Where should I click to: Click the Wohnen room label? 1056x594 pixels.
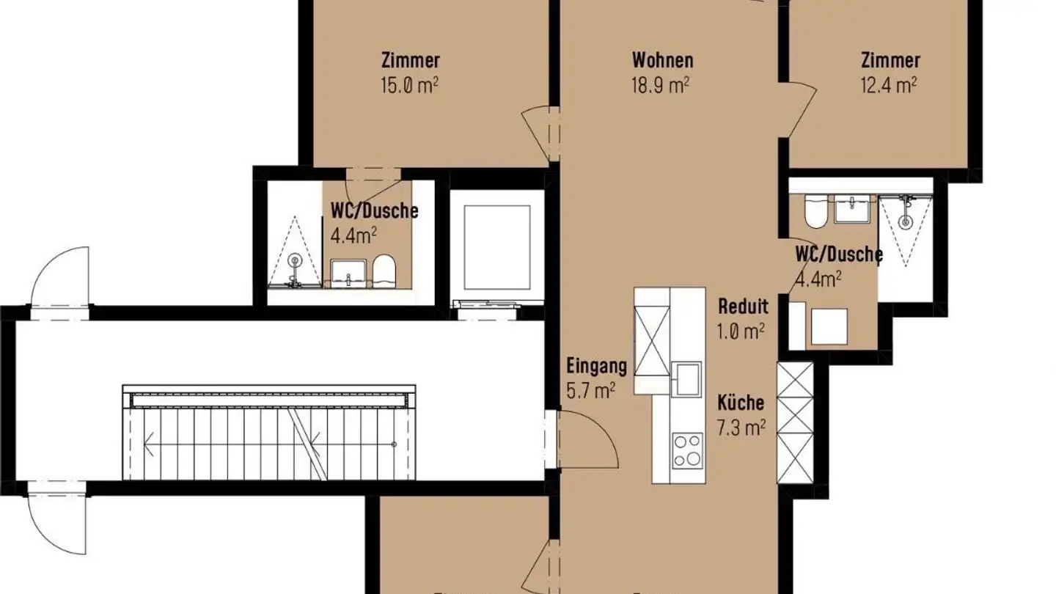pyautogui.click(x=662, y=59)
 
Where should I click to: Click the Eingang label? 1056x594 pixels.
pyautogui.click(x=596, y=365)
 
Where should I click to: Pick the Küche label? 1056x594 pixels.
pyautogui.click(x=741, y=403)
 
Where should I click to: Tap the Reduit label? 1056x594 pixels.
pyautogui.click(x=743, y=307)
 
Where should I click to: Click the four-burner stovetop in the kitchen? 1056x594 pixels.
pyautogui.click(x=688, y=450)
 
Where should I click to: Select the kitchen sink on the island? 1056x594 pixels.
pyautogui.click(x=688, y=378)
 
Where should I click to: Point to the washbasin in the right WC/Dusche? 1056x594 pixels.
pyautogui.click(x=853, y=210)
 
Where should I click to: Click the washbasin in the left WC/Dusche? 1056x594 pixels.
pyautogui.click(x=347, y=272)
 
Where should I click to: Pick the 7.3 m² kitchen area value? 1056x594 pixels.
pyautogui.click(x=741, y=428)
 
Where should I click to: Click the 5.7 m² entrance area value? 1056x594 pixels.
pyautogui.click(x=591, y=391)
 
